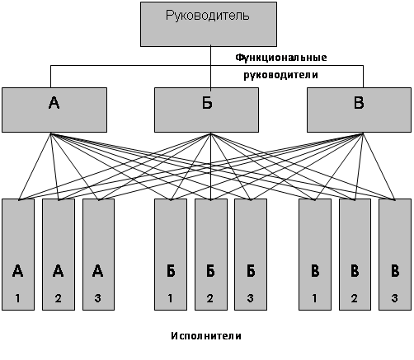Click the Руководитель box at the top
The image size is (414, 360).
(x=209, y=24)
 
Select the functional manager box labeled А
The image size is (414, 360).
(x=54, y=110)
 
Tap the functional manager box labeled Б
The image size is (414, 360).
(x=206, y=110)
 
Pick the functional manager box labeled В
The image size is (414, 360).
(x=359, y=110)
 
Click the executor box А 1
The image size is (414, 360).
(x=18, y=255)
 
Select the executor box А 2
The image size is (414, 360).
(x=59, y=255)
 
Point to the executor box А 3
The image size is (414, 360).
(x=98, y=255)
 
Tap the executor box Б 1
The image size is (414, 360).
(x=171, y=255)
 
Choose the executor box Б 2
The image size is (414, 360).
(x=211, y=255)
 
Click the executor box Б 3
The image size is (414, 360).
(x=251, y=255)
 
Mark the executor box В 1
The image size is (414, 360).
(x=315, y=255)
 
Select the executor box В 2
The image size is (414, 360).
(x=355, y=255)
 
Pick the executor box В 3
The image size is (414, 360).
(x=395, y=255)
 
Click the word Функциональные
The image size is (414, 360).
(x=281, y=58)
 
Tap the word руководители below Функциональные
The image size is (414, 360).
(x=280, y=75)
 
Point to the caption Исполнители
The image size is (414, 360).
(x=206, y=336)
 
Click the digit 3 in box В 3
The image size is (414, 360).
(x=395, y=298)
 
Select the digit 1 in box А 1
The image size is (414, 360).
(x=18, y=298)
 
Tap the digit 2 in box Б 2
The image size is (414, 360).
(x=210, y=298)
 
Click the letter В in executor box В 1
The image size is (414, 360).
(x=315, y=271)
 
